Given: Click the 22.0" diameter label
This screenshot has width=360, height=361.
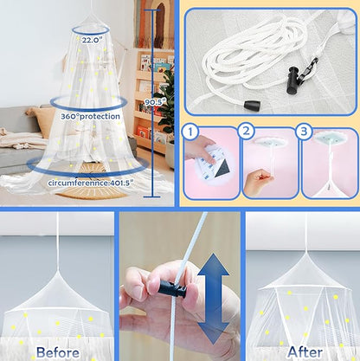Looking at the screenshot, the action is tap(91, 40).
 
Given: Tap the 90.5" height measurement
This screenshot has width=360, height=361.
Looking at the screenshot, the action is tap(156, 102).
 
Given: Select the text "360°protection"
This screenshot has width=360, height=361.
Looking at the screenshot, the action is tap(90, 116).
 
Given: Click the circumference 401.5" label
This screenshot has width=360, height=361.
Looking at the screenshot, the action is tap(91, 183).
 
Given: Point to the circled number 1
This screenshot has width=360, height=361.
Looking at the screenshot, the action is tap(190, 132).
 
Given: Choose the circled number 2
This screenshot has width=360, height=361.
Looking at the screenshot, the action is tap(246, 132).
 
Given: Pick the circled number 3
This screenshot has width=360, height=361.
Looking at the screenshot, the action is tap(304, 132).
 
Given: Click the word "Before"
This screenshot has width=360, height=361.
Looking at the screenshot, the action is tap(58, 352).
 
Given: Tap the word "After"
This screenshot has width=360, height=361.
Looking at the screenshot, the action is tap(305, 352).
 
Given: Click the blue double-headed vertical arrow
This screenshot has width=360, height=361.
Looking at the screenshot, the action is tap(214, 299).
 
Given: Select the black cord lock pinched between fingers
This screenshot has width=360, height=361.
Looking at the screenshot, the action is tap(171, 288).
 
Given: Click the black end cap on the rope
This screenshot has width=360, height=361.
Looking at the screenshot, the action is tap(251, 105).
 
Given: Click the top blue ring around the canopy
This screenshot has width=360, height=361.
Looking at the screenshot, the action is tap(91, 30).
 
